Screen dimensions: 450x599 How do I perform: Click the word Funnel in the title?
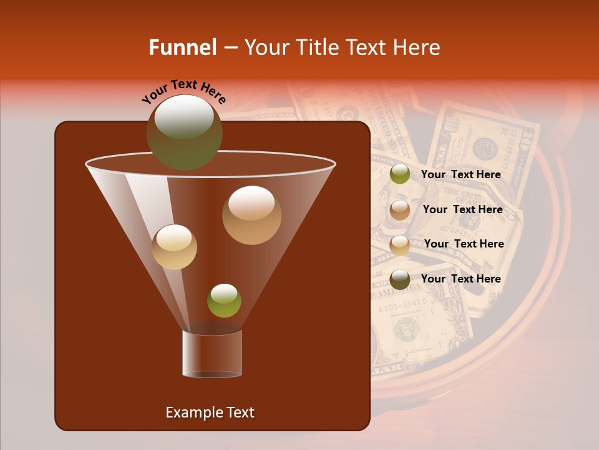182,47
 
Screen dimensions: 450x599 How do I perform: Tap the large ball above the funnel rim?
184,132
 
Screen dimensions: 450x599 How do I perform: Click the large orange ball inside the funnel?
251,215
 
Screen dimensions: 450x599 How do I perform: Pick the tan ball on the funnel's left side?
174,247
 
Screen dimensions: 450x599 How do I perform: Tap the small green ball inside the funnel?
224,301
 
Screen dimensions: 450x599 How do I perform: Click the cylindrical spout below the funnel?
212,354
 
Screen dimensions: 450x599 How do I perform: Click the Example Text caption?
210,412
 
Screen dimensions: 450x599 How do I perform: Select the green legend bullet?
400,174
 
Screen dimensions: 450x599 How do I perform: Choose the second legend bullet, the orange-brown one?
400,209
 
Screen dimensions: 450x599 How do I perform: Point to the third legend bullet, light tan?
400,244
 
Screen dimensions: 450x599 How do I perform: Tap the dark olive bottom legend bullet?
400,279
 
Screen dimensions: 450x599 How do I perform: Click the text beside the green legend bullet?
460,175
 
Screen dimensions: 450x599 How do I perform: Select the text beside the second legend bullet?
462,209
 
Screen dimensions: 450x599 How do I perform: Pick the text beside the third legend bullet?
464,244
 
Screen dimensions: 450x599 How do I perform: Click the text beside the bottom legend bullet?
460,279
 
